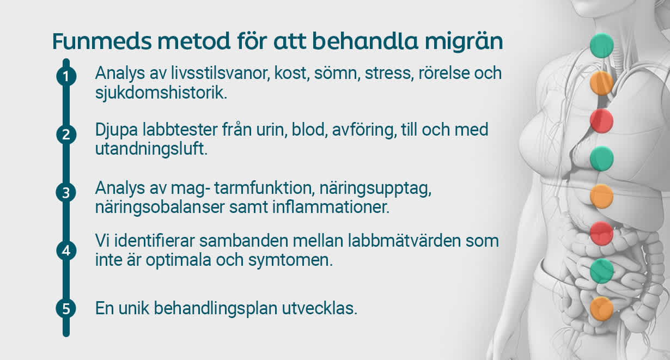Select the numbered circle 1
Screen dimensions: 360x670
[66, 76]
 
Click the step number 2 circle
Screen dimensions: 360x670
[66, 134]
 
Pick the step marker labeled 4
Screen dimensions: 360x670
[66, 251]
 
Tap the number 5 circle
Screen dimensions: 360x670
[66, 309]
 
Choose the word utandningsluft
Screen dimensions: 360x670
[151, 150]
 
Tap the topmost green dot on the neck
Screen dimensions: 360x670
[602, 45]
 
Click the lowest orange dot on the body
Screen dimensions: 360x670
[602, 308]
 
